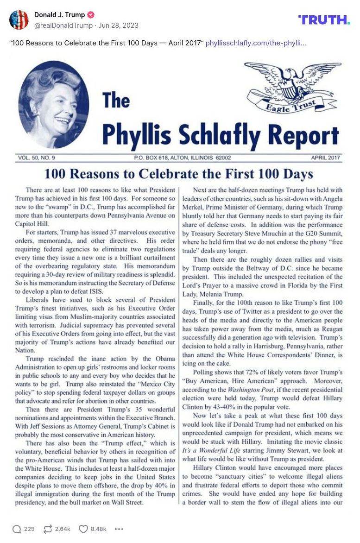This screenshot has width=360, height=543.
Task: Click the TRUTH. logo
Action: coord(324,19)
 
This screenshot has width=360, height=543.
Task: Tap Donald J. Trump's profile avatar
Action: coord(19,20)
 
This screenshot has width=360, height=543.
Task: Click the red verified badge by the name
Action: coord(91,15)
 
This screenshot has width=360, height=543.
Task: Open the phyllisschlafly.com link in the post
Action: coord(256,43)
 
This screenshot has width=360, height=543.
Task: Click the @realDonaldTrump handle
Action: coord(63,25)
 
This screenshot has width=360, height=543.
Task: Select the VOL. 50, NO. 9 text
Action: coord(37,158)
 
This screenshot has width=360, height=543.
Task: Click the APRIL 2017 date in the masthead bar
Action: coord(325,158)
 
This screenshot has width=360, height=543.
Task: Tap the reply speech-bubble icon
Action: coord(17,529)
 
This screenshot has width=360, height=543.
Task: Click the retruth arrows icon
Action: coord(47,529)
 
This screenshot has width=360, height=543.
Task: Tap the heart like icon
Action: coord(83,529)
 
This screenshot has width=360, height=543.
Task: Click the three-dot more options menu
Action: coord(119,529)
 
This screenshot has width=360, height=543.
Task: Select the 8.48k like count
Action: coord(99,529)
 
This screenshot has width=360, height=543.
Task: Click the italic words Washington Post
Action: coord(260,390)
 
